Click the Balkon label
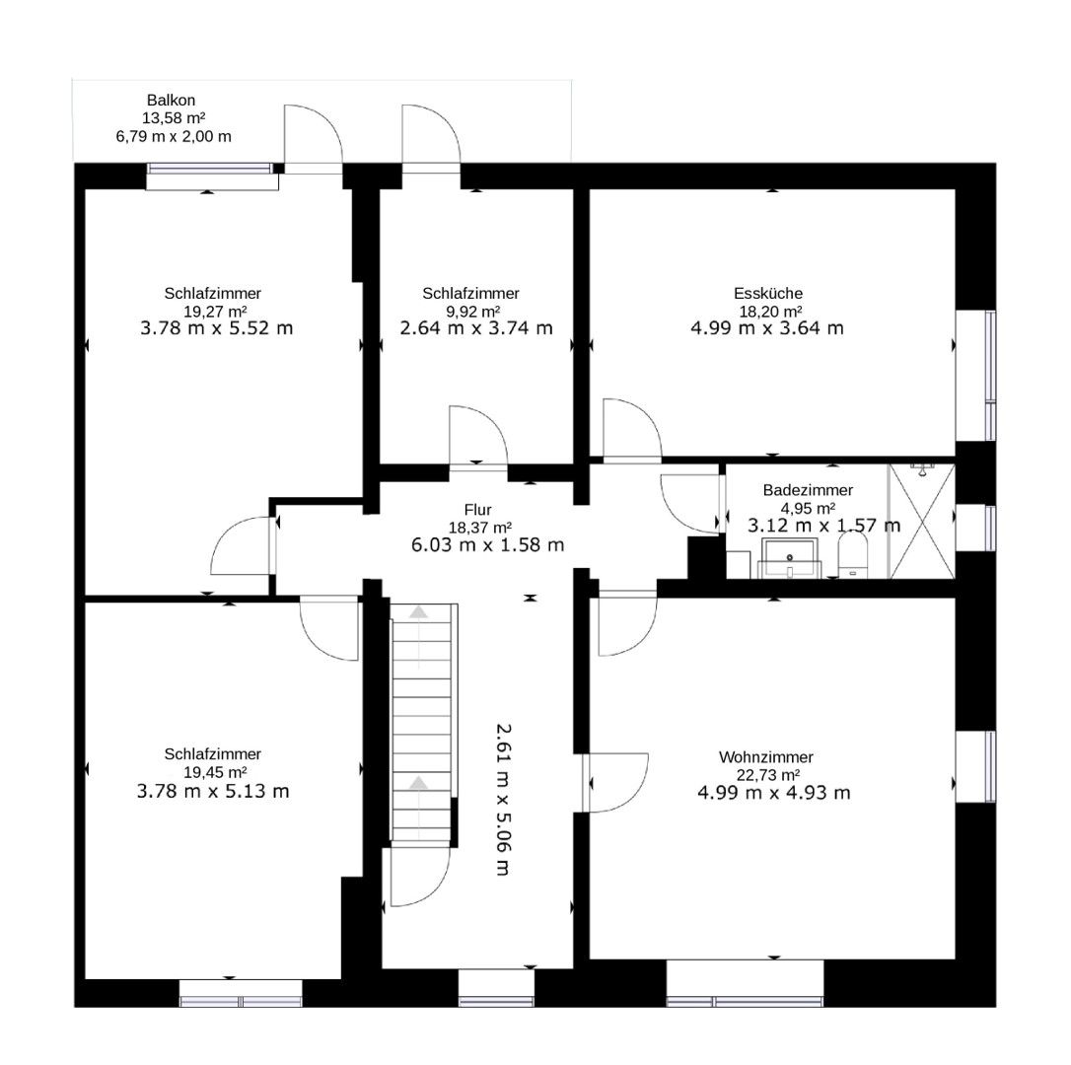click(171, 100)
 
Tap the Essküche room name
click(767, 293)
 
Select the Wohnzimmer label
click(765, 757)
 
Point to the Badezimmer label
click(808, 490)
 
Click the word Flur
click(478, 510)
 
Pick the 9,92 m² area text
click(470, 312)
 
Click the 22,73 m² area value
click(768, 775)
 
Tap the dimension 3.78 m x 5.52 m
click(217, 328)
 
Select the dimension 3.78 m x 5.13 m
click(213, 792)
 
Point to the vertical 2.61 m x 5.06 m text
click(503, 800)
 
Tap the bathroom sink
click(790, 557)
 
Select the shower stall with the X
click(922, 521)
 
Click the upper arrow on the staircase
click(419, 612)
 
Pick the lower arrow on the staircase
click(419, 784)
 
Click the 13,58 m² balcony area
click(175, 118)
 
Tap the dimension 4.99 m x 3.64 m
click(767, 328)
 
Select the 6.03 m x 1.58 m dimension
click(488, 545)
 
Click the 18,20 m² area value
click(770, 312)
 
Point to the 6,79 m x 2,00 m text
click(174, 137)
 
